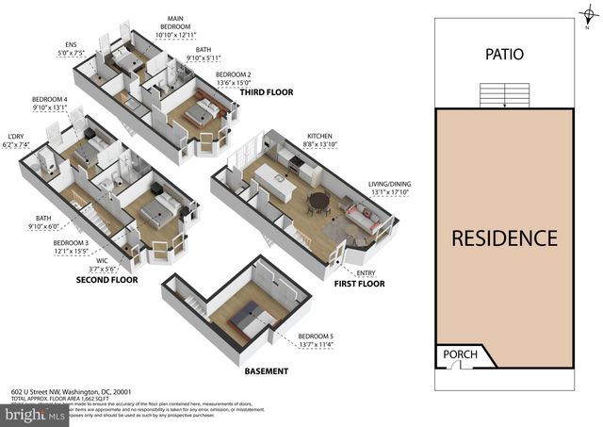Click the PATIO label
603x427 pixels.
tap(504, 55)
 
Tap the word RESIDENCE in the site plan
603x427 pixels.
tap(504, 238)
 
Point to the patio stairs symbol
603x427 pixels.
tap(504, 95)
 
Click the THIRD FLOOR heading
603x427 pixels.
tap(266, 92)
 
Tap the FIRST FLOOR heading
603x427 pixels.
tap(359, 283)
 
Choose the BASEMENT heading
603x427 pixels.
tap(267, 370)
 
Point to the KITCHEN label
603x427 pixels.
tap(320, 137)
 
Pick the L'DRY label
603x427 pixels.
tap(16, 140)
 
